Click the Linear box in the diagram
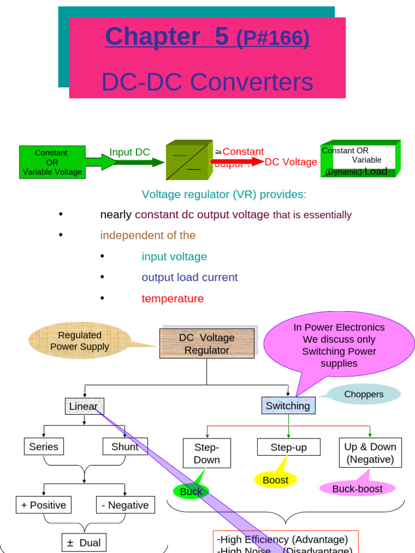(x=84, y=406)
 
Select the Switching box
(x=288, y=406)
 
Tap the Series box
(x=43, y=447)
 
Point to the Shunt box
(x=125, y=447)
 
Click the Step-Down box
(x=206, y=454)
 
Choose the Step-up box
(x=289, y=447)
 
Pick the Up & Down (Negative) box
(x=370, y=453)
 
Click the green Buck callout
(x=191, y=491)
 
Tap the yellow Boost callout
(x=276, y=480)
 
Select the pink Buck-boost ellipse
(x=357, y=488)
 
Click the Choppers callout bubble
(x=364, y=394)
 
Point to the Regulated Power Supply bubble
(x=79, y=341)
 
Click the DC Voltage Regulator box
(x=206, y=343)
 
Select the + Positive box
(x=43, y=505)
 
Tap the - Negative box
(x=125, y=505)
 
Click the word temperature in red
(x=172, y=299)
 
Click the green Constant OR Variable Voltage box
(x=52, y=163)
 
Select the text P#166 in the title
(x=273, y=38)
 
